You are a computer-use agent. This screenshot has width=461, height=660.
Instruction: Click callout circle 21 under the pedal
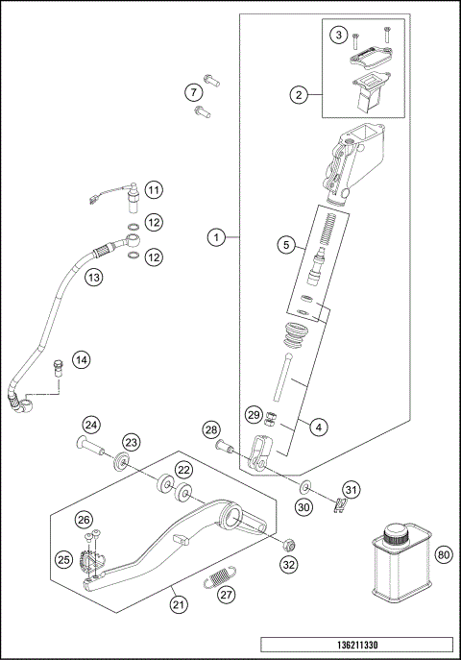pos(178,603)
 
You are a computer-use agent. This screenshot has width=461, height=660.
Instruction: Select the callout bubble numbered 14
pos(81,359)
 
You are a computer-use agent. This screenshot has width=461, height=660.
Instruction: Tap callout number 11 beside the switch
pos(154,188)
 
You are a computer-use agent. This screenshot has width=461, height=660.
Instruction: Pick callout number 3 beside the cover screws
pos(337,36)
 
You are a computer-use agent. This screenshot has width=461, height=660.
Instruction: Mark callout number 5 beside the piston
pos(286,245)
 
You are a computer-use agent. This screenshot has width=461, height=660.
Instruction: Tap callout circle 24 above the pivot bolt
pos(90,424)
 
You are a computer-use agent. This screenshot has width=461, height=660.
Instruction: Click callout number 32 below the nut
pos(290,566)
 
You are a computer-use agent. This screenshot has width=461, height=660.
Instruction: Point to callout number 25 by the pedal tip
pos(63,558)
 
